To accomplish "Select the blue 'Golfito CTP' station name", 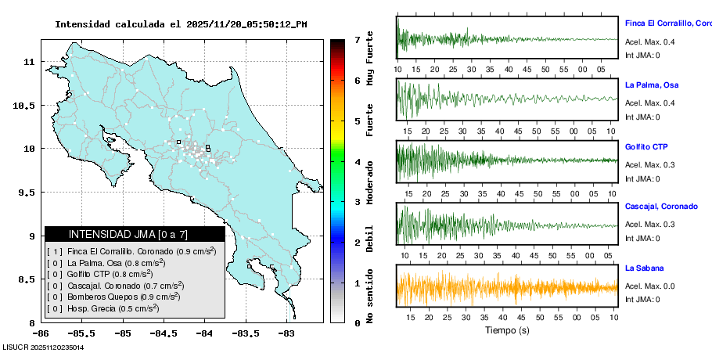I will coord(646,146).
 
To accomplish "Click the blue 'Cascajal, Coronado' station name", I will coord(661,207).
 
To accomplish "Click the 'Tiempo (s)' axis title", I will coord(507,329).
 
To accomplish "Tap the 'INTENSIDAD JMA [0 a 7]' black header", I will coord(135,234).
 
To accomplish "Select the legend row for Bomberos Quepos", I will coord(114,297).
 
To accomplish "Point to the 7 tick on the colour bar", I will coord(357,39).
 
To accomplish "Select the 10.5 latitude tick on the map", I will coord(28,105).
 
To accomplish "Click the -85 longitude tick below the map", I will coord(122,332).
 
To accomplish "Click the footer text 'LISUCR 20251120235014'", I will coord(43,347).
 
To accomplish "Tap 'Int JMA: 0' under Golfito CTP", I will coord(642,178).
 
